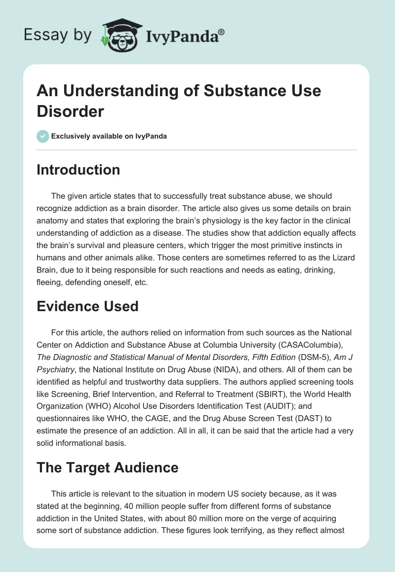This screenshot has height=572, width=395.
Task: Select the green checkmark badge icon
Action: coord(43,136)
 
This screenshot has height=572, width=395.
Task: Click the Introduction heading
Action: coord(79,170)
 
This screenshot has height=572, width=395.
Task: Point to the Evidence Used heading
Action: coord(87,306)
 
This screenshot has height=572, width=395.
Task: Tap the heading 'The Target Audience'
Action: coord(108,467)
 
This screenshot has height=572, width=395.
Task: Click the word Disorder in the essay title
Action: coord(70,111)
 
